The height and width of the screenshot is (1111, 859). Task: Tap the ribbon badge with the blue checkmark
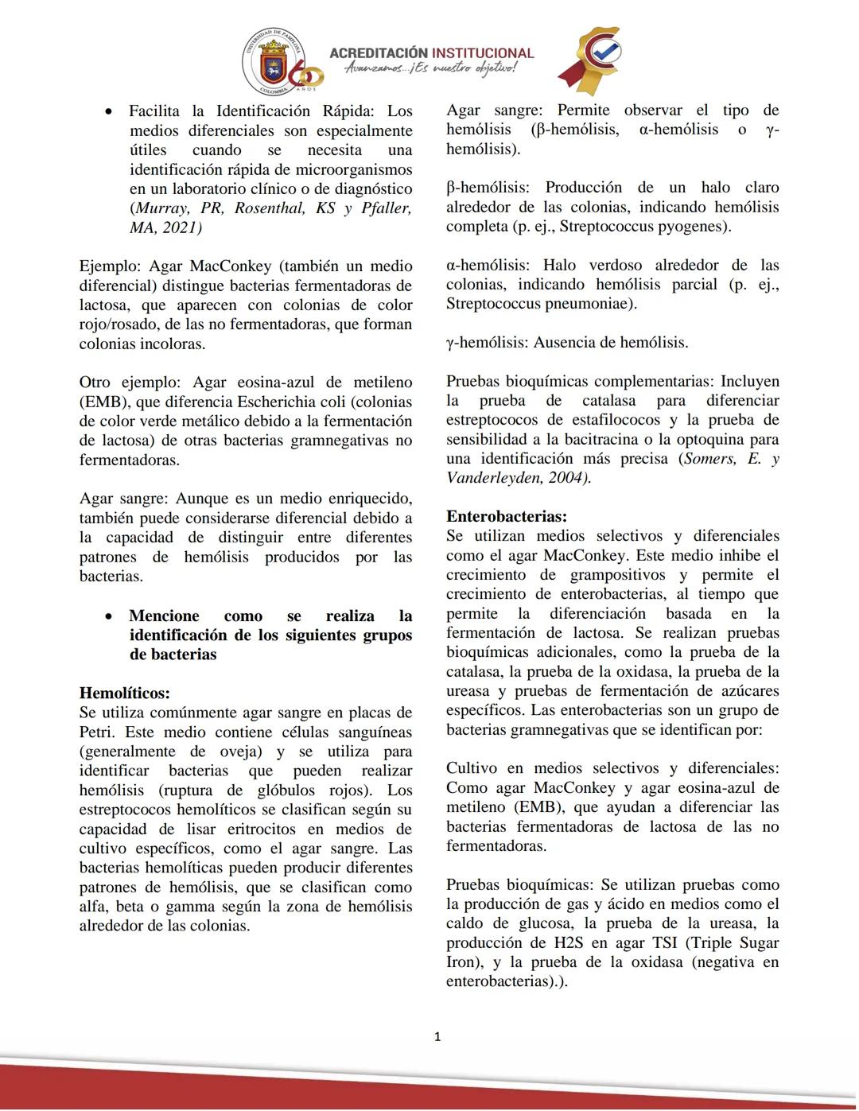pos(591,60)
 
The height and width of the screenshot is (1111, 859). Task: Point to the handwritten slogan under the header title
pos(430,70)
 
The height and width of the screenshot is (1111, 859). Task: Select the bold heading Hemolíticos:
pos(125,693)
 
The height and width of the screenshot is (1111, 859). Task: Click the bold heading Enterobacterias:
pos(507,516)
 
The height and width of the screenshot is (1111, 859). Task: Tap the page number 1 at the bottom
pos(437,1036)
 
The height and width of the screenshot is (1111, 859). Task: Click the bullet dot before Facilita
pos(108,112)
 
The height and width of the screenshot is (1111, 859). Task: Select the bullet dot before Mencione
pos(108,616)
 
